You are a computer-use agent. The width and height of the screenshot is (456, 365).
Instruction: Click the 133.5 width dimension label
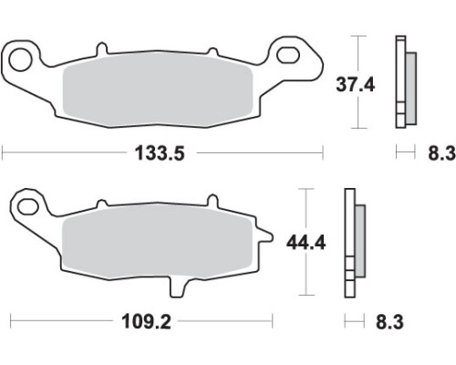tap(160, 152)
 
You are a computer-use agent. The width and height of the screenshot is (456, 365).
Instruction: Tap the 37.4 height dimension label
tap(356, 85)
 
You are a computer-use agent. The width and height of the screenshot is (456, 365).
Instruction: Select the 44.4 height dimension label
tap(306, 243)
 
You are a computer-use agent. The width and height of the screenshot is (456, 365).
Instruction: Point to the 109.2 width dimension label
tap(146, 321)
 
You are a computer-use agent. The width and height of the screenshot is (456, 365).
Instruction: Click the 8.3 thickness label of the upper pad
tap(442, 152)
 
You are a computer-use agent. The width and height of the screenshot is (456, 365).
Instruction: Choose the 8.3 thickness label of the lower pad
tap(389, 321)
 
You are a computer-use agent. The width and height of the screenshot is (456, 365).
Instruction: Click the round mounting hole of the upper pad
tap(20, 59)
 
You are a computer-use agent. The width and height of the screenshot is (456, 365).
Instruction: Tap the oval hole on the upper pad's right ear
tap(287, 55)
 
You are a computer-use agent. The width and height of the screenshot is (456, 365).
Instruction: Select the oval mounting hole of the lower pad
tap(28, 207)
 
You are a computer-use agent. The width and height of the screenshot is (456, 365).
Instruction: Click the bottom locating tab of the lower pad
tap(178, 287)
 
